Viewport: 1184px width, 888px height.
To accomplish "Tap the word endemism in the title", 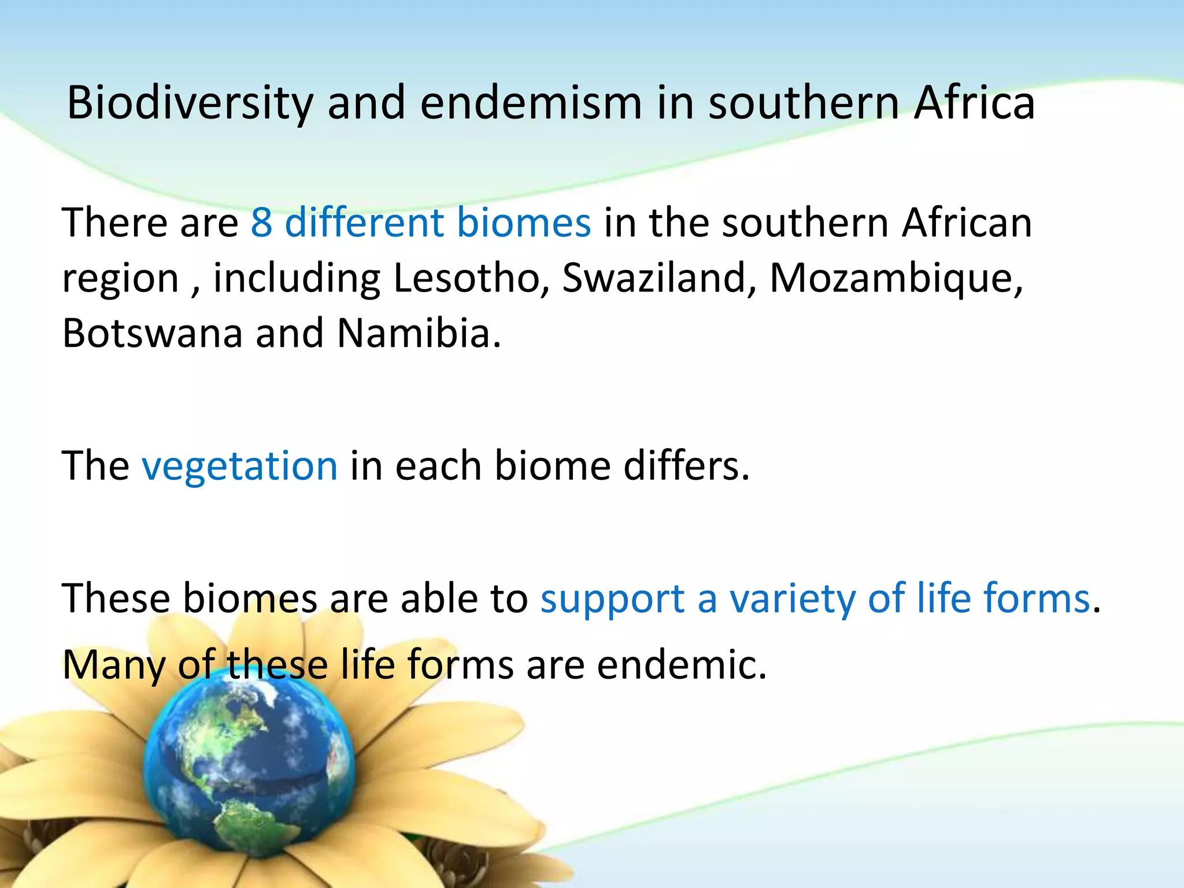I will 531,103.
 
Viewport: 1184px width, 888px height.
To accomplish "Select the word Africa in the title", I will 975,103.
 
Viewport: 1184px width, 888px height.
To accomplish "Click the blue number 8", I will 261,223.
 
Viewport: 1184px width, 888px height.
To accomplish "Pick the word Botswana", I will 152,334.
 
